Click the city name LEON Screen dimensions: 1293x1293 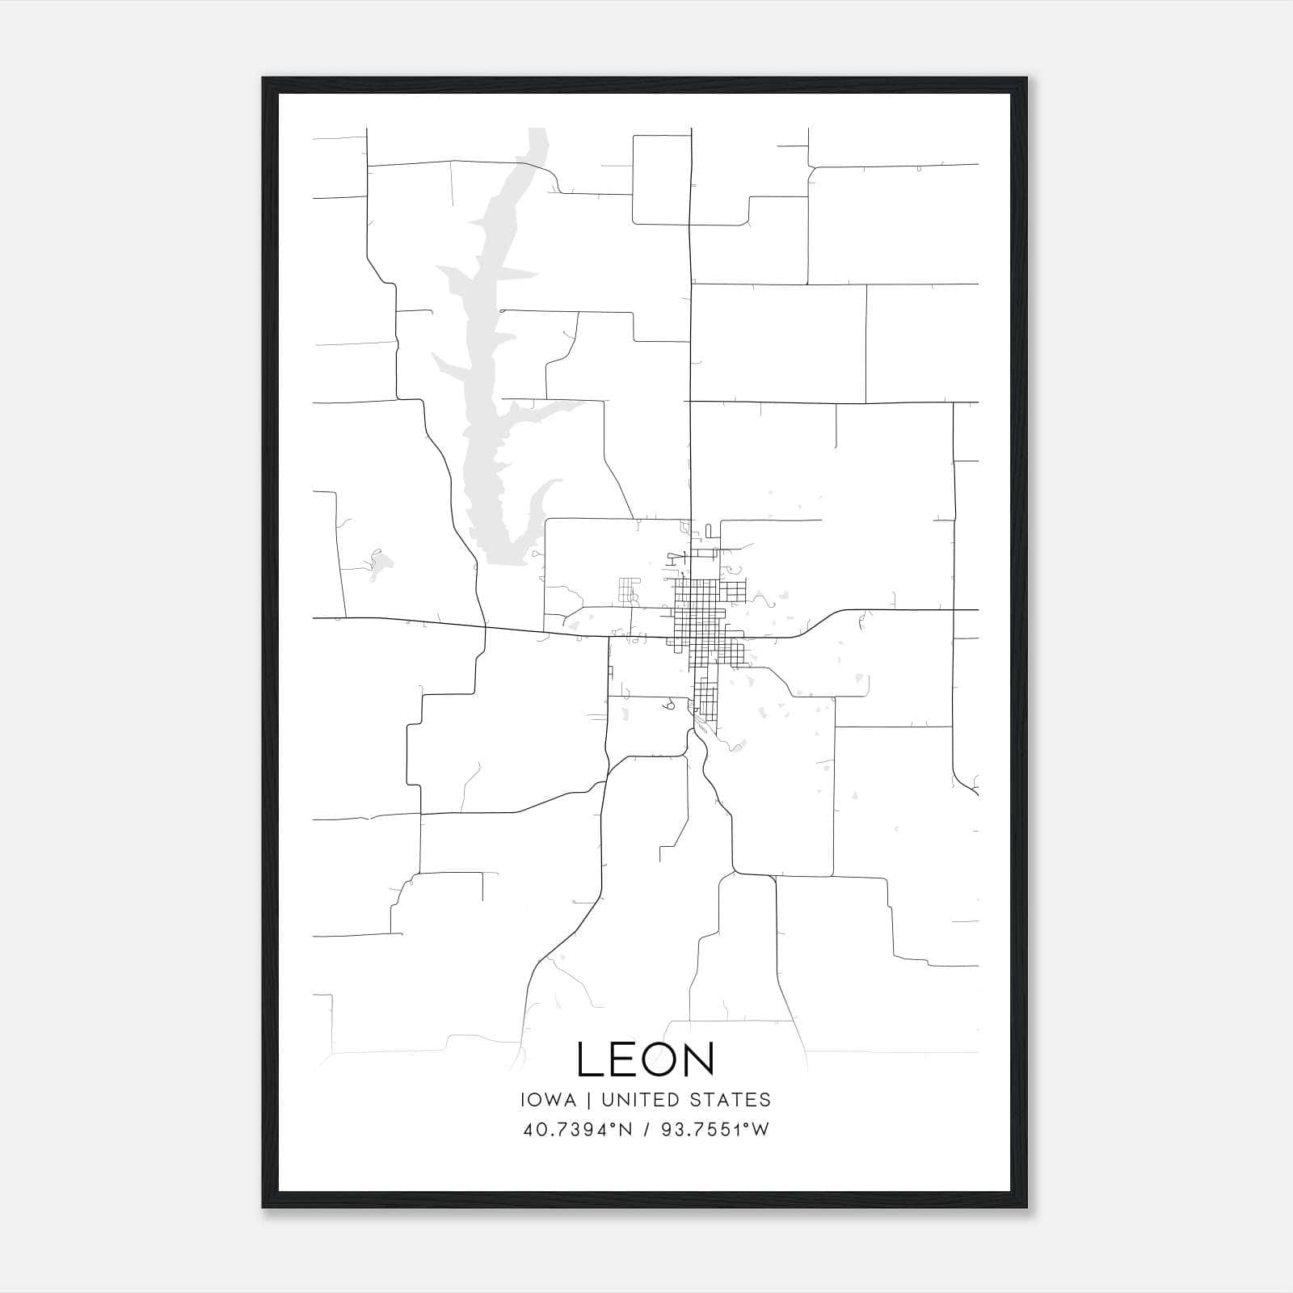coord(646,1059)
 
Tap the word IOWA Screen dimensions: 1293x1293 coord(549,1100)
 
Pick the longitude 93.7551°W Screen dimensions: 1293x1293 coord(715,1130)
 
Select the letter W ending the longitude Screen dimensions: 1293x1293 coord(760,1130)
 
